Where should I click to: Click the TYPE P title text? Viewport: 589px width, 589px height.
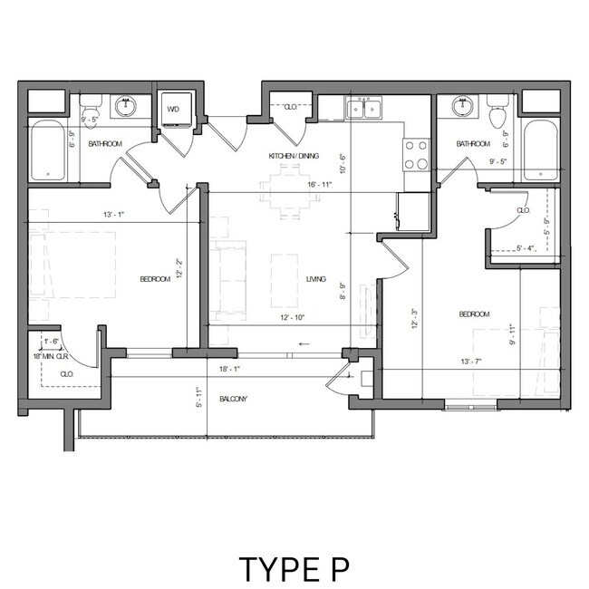[294, 568]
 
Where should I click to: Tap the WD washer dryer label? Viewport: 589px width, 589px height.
[174, 111]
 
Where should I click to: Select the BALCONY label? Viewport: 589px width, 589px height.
[234, 399]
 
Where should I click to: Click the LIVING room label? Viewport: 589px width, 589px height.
[315, 279]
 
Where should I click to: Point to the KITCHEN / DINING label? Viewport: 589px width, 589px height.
[294, 156]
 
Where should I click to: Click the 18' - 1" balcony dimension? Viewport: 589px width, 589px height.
[230, 369]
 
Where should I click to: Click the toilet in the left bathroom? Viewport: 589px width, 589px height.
[88, 132]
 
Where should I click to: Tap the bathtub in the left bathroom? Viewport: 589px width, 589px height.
[50, 151]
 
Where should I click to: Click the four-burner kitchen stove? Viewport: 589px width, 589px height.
[415, 154]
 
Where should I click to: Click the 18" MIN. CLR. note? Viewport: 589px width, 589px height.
[51, 355]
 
